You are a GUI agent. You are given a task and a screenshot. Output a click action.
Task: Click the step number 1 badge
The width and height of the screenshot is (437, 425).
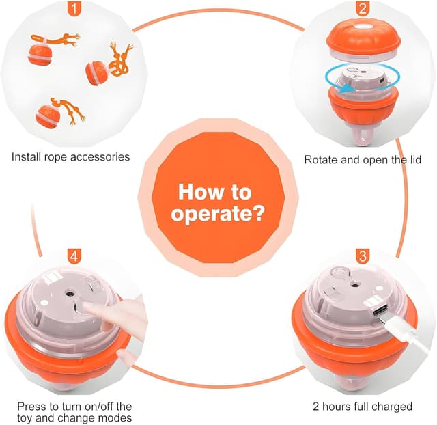tap(74, 9)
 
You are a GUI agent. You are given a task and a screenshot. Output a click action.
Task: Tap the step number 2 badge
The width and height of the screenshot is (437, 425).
tap(363, 9)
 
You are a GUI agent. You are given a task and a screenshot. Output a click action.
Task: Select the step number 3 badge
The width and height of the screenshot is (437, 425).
tap(363, 256)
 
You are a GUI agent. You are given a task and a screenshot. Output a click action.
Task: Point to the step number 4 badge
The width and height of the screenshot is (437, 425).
tap(74, 256)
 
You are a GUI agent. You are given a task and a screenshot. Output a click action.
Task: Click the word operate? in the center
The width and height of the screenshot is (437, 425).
tap(217, 215)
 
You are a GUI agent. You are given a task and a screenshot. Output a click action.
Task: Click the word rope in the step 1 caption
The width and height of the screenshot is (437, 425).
tap(56, 157)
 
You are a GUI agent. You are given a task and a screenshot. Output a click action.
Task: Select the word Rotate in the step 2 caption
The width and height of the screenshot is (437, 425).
tap(320, 160)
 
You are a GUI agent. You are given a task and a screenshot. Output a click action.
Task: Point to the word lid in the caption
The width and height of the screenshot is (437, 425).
tap(414, 159)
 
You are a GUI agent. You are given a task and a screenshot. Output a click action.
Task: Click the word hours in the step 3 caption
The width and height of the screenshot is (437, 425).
tap(337, 407)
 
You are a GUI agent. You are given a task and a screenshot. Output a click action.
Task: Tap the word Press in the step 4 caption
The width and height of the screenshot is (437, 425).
tap(30, 406)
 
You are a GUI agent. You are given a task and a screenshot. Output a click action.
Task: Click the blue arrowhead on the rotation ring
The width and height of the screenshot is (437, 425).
tap(348, 89)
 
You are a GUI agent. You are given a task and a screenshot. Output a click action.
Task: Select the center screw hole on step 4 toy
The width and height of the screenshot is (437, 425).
tap(69, 294)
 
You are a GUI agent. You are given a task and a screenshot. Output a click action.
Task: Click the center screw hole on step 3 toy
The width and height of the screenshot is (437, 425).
tap(354, 285)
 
